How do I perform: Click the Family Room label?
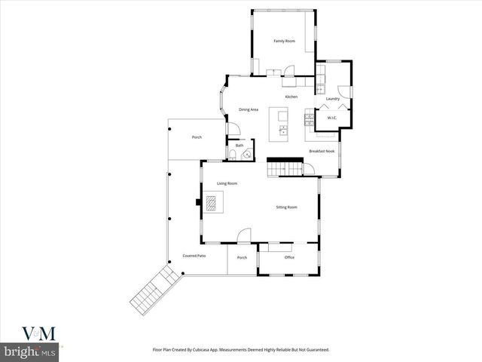click(283, 41)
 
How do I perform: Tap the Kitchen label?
click(291, 97)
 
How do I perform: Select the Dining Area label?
click(249, 110)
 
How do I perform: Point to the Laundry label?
click(332, 99)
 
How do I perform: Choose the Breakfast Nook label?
click(322, 152)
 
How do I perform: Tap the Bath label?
click(239, 146)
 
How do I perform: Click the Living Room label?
click(227, 183)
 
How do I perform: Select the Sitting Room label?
click(286, 207)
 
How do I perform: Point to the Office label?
click(289, 258)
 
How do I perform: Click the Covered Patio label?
click(194, 256)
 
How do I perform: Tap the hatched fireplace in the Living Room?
click(212, 202)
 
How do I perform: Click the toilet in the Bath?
click(233, 156)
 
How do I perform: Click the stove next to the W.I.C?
click(309, 117)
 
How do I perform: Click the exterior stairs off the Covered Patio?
click(154, 291)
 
